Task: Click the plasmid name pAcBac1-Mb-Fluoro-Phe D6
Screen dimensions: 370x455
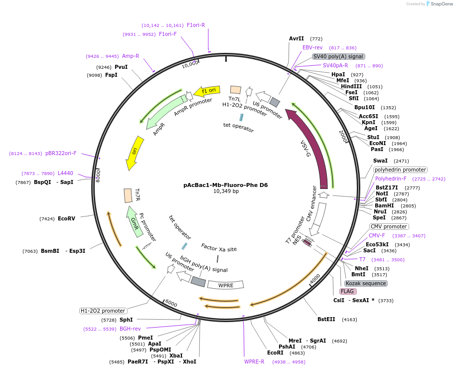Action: click(x=225, y=185)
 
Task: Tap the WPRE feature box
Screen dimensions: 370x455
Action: click(x=226, y=285)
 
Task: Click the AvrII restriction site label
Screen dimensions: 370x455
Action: click(x=297, y=38)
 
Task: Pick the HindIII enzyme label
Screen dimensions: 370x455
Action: click(x=351, y=86)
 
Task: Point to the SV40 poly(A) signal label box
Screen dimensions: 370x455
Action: click(x=338, y=57)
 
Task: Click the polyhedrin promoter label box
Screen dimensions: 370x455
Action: click(x=400, y=170)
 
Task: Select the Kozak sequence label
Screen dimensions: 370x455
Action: click(x=366, y=283)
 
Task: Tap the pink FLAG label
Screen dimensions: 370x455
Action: click(x=348, y=291)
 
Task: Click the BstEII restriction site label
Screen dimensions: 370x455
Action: click(x=327, y=319)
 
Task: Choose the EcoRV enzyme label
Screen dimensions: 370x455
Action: click(x=66, y=218)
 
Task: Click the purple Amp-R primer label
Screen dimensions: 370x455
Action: click(x=130, y=56)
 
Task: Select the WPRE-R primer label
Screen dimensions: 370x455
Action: click(x=254, y=362)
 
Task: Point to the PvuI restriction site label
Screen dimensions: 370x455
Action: click(x=121, y=67)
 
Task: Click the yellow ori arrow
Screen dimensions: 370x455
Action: click(x=134, y=153)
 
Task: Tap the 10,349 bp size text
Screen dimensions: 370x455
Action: click(x=226, y=191)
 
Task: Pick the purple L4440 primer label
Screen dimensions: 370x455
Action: click(x=65, y=173)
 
